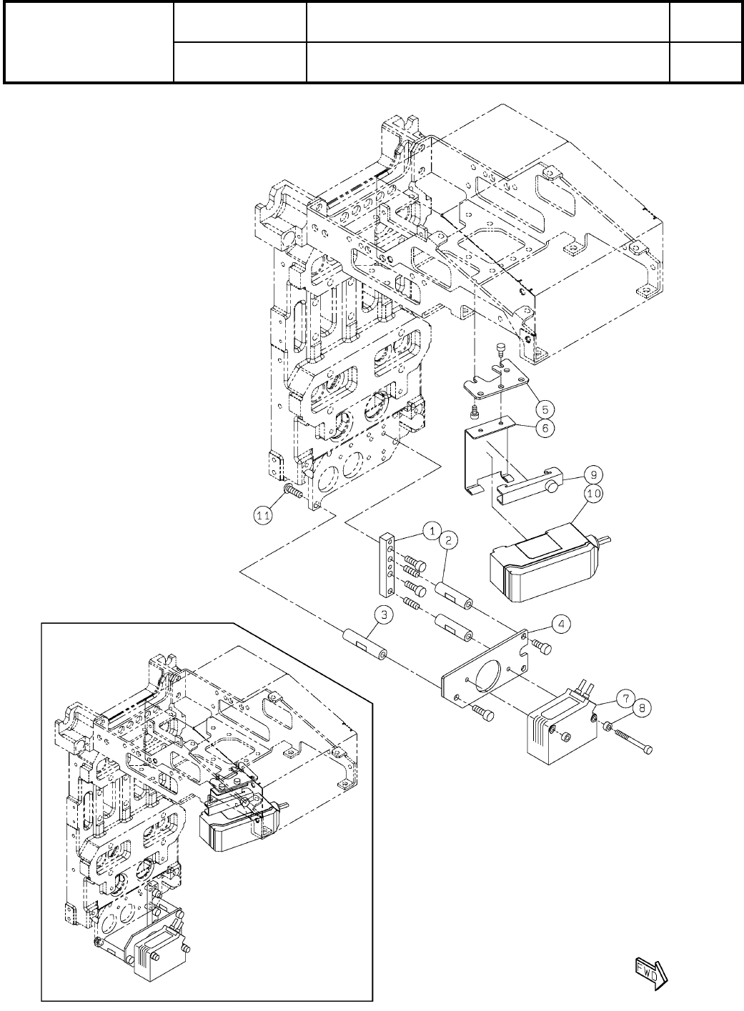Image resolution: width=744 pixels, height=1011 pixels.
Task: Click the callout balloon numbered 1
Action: point(432,530)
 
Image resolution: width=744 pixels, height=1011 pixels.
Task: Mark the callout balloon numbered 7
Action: point(624,697)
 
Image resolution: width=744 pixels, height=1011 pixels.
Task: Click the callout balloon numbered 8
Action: point(642,708)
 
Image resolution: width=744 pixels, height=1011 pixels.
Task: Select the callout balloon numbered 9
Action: point(591,473)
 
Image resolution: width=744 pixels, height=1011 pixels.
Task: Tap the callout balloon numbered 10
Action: point(592,493)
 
